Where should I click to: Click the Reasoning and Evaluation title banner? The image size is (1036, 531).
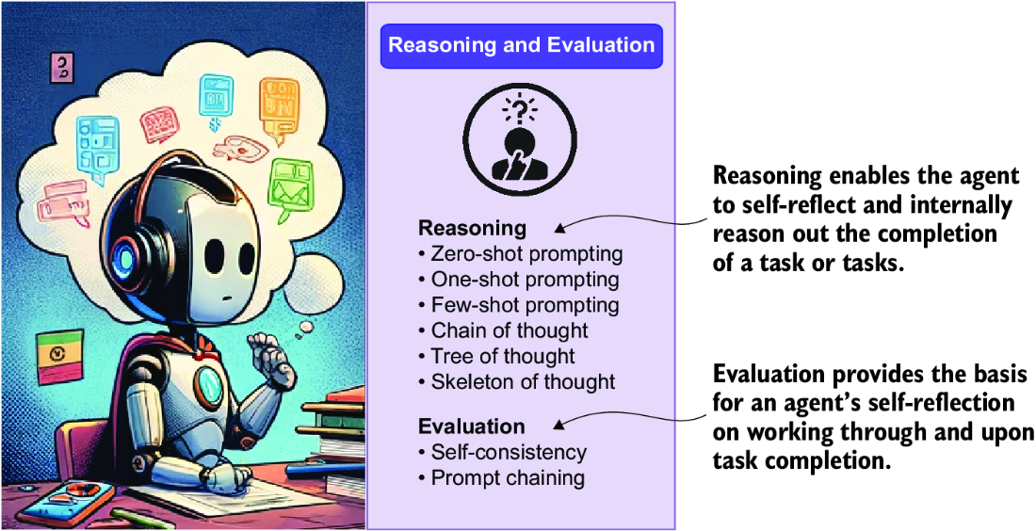click(522, 45)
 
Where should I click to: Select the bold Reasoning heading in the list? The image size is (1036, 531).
click(473, 229)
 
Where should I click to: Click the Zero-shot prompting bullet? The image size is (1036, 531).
click(521, 253)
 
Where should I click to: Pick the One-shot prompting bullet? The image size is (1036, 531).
click(519, 280)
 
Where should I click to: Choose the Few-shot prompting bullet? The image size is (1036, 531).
click(519, 305)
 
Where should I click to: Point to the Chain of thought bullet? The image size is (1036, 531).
click(503, 330)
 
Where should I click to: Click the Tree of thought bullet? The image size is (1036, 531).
click(496, 356)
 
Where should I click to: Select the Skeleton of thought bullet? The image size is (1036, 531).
click(517, 381)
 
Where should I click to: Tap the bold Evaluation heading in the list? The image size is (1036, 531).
click(472, 426)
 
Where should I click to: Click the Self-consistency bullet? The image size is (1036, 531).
click(502, 453)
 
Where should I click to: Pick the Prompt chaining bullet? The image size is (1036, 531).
click(501, 477)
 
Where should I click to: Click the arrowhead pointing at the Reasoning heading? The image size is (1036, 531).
click(558, 229)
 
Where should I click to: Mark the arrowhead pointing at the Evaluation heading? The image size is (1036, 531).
click(558, 425)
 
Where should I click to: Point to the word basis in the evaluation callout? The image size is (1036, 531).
click(997, 375)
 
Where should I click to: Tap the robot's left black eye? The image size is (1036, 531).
click(215, 255)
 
